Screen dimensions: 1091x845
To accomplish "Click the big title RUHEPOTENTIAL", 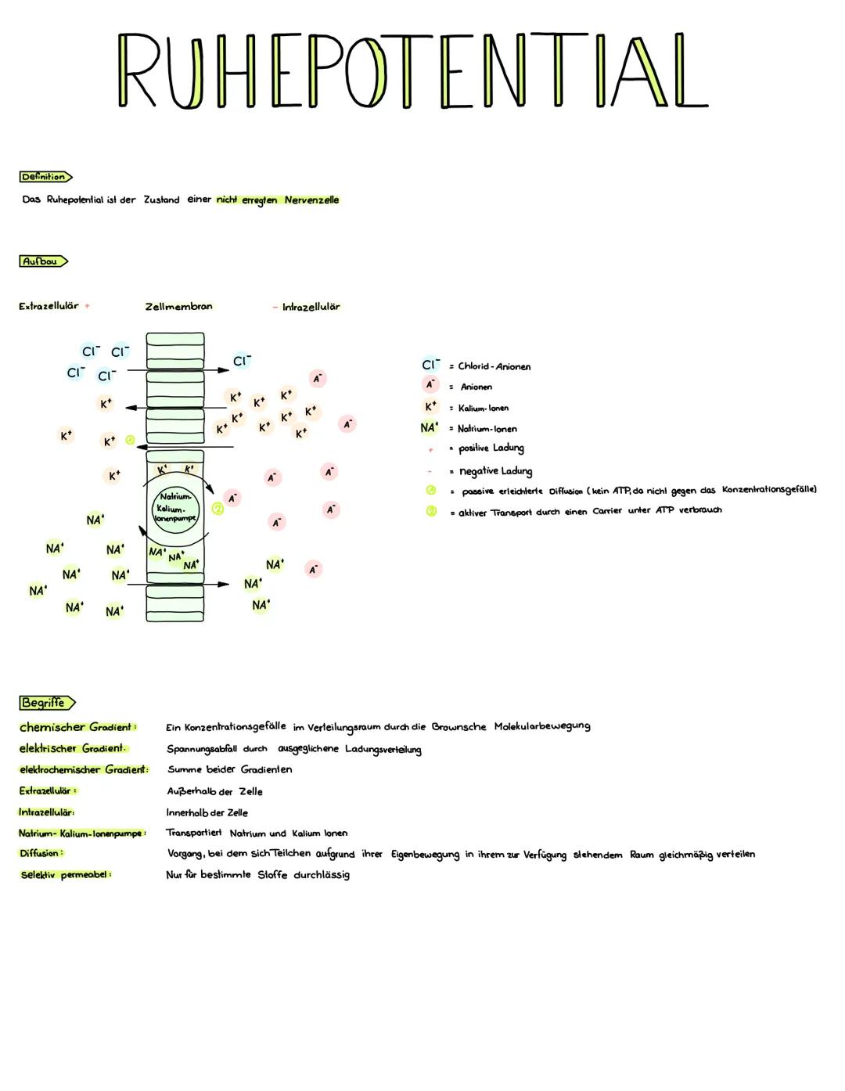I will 412,70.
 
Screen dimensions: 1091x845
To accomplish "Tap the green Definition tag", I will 45,177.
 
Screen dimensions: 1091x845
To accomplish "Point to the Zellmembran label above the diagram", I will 178,307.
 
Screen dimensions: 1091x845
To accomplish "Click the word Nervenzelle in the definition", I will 311,200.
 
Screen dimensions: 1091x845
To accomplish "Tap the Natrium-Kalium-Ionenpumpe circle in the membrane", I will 176,507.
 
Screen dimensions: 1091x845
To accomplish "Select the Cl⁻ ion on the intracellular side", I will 242,361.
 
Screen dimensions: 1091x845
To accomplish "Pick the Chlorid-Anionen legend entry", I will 493,366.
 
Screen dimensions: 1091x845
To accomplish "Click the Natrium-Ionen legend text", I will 487,429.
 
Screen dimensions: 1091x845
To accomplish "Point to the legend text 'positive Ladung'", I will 491,448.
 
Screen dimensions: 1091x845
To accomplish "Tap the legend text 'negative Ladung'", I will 495,471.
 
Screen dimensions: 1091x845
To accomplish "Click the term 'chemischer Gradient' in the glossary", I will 77,727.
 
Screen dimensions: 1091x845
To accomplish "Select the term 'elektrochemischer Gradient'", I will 83,770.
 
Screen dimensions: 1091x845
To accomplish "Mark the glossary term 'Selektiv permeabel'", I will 66,874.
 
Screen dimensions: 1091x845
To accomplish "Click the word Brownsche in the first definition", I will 458,727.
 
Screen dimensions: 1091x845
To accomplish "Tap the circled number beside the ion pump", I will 218,509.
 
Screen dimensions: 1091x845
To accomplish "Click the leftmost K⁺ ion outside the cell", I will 66,434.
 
